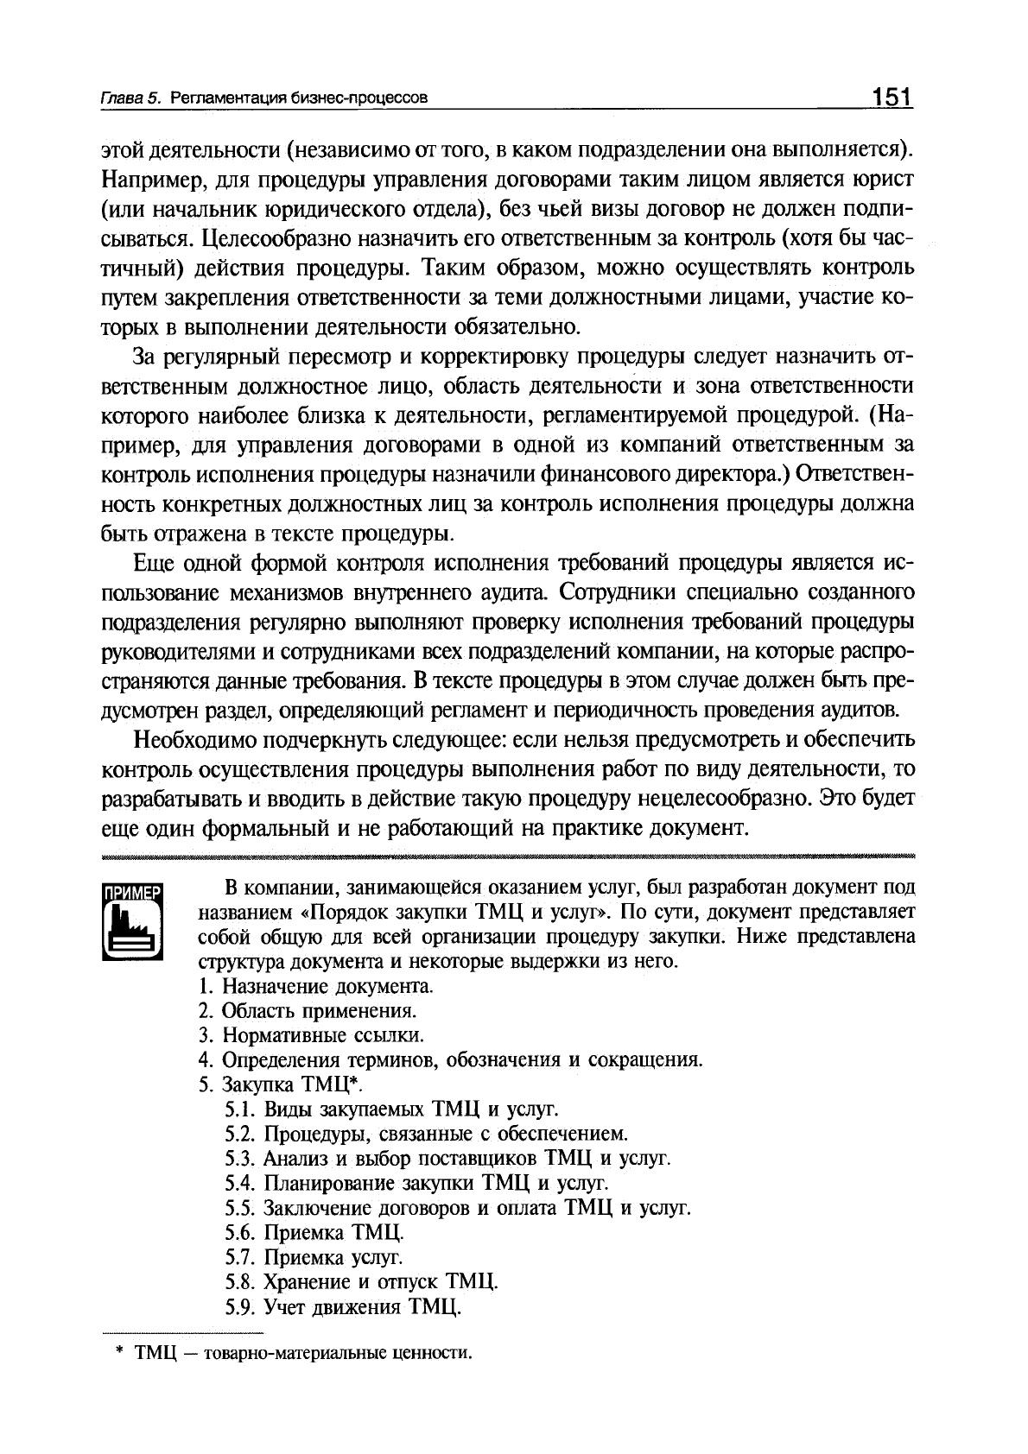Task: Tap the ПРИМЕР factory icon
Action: pyautogui.click(x=133, y=921)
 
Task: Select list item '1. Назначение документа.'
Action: pyautogui.click(x=315, y=986)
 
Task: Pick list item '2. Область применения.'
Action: pyautogui.click(x=308, y=1010)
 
